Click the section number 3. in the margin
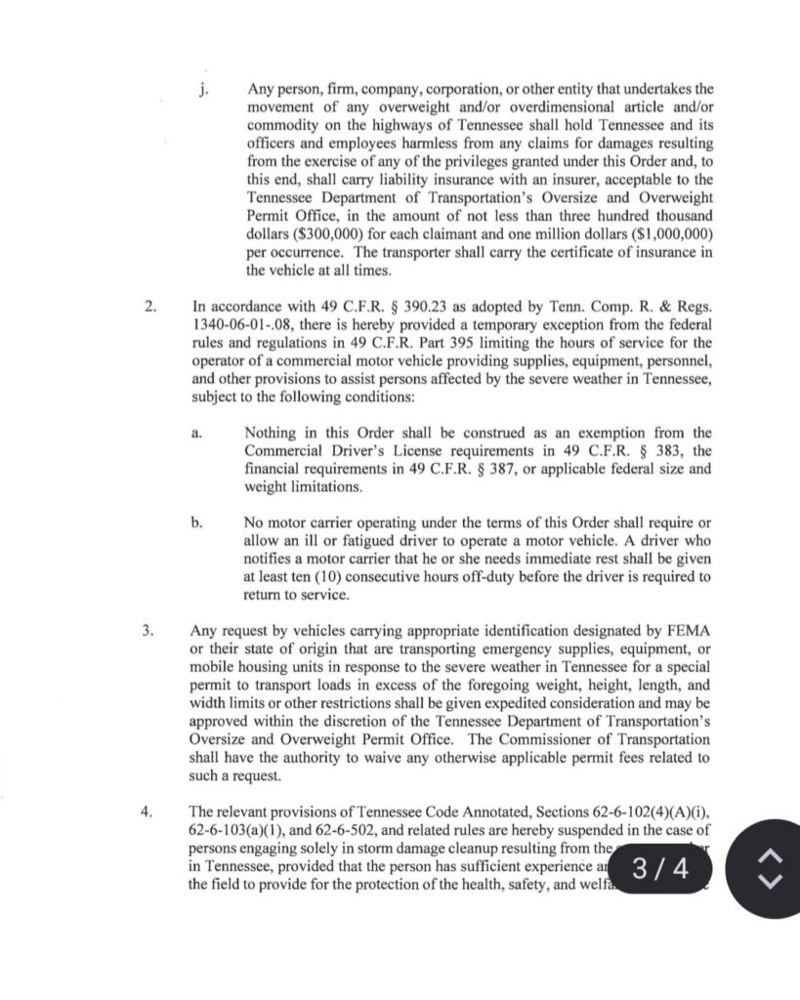point(149,631)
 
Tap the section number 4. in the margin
point(149,811)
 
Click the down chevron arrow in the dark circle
point(770,882)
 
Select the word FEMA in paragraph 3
point(690,632)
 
